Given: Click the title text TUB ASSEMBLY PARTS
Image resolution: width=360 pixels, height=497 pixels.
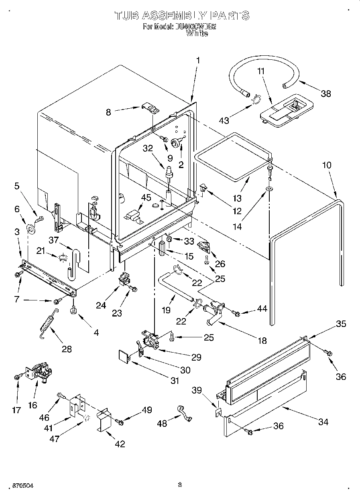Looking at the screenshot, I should pyautogui.click(x=182, y=16).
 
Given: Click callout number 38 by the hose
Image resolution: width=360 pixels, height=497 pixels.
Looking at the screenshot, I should pyautogui.click(x=325, y=93).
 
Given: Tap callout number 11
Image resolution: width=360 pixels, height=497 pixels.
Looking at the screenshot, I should pyautogui.click(x=261, y=71).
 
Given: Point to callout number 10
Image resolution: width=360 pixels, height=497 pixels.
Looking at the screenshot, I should pyautogui.click(x=327, y=165).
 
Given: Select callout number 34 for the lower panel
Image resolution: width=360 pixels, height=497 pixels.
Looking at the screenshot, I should pyautogui.click(x=323, y=422).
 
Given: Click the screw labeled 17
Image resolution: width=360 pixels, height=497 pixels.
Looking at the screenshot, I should pyautogui.click(x=18, y=377).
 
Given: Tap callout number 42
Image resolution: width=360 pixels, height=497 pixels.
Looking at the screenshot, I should pyautogui.click(x=120, y=444).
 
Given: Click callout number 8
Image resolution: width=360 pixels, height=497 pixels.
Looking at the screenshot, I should pyautogui.click(x=108, y=113).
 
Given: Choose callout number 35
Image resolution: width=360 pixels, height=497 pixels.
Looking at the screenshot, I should pyautogui.click(x=340, y=324).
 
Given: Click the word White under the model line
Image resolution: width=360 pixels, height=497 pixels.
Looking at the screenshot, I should pyautogui.click(x=197, y=34).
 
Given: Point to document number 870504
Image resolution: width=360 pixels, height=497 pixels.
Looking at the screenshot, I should pyautogui.click(x=17, y=486).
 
